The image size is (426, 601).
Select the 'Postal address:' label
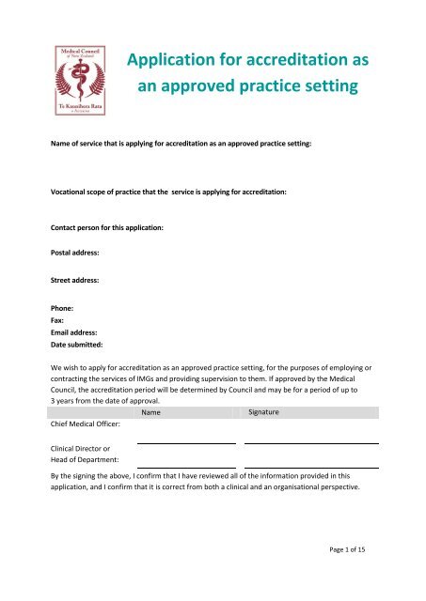tap(75, 253)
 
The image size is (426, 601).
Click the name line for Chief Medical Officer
tap(186, 442)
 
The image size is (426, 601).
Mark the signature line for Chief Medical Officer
tap(311, 442)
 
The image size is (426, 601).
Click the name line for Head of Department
tap(186, 467)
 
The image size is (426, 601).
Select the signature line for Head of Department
tap(311, 467)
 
